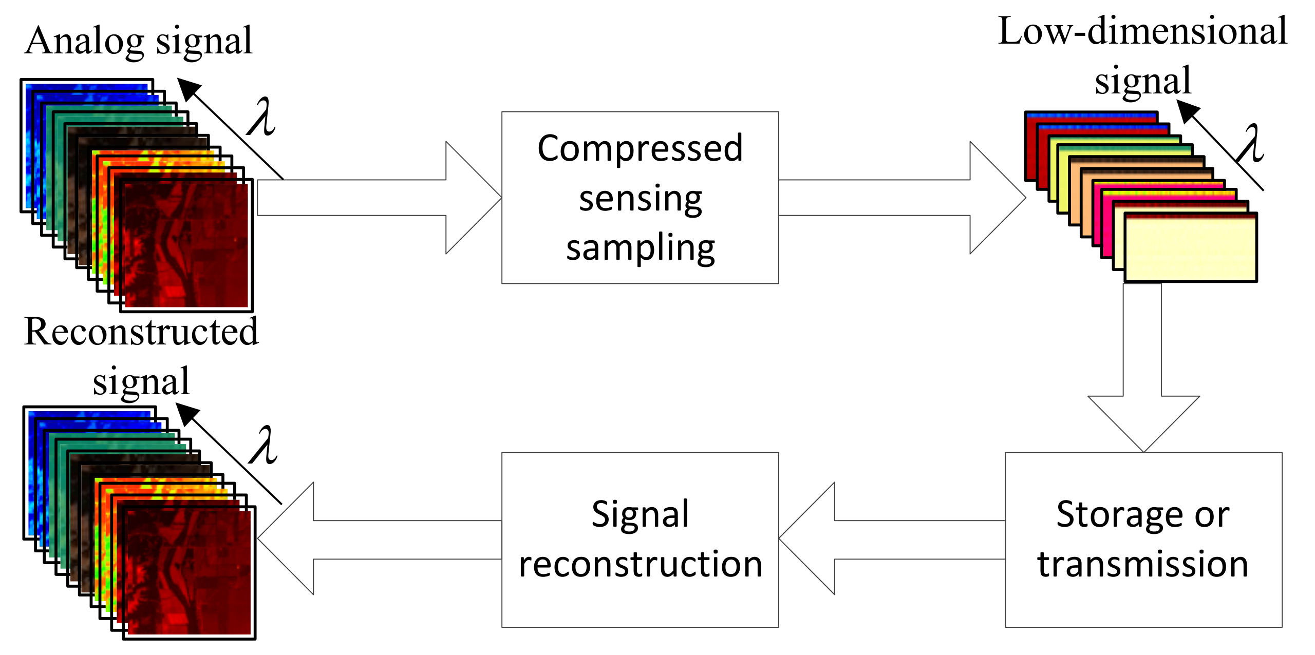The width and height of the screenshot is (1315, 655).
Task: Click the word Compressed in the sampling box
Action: pyautogui.click(x=640, y=149)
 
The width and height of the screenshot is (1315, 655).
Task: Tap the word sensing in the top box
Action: pyautogui.click(x=640, y=199)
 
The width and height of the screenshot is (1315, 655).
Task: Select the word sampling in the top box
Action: pyautogui.click(x=640, y=248)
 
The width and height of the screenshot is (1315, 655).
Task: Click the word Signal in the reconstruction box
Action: pyautogui.click(x=640, y=514)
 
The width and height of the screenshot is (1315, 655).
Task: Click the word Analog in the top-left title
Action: pyautogui.click(x=84, y=41)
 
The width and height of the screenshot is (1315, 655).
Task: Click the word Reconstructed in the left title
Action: pyautogui.click(x=141, y=332)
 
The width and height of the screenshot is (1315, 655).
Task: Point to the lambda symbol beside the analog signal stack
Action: pyautogui.click(x=262, y=117)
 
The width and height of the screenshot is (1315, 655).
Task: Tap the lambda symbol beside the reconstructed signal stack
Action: pyautogui.click(x=264, y=446)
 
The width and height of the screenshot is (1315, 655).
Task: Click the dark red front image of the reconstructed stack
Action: pyautogui.click(x=189, y=572)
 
